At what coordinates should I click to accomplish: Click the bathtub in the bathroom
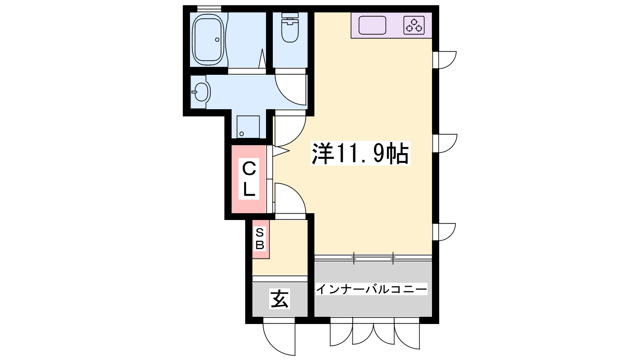point(208,39)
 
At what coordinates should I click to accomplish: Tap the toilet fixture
point(290,28)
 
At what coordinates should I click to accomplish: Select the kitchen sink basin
point(372,25)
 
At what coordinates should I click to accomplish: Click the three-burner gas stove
point(414,26)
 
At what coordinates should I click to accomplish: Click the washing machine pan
point(248,127)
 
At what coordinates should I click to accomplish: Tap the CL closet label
point(249,178)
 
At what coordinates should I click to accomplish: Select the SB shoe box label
point(260,239)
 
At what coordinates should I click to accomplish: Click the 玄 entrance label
point(280,298)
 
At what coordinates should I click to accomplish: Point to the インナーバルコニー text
point(372,289)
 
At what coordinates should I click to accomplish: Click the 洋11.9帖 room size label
point(360,153)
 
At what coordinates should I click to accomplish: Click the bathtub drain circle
point(217,40)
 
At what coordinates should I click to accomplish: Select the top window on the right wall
point(444,60)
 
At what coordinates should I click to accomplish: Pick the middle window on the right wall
point(444,144)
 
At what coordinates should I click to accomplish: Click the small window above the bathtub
point(209,8)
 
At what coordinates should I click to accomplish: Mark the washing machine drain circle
point(242,134)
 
